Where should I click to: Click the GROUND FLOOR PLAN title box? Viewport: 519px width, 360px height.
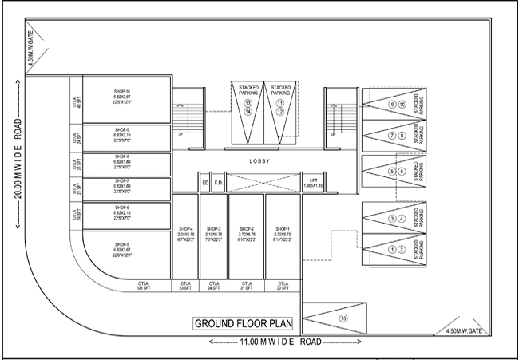click(x=243, y=323)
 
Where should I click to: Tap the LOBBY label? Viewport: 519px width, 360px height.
click(x=259, y=162)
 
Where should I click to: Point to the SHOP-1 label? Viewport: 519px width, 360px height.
click(x=282, y=232)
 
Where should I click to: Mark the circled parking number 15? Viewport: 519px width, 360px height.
click(x=344, y=318)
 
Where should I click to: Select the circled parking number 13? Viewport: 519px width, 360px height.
click(x=248, y=104)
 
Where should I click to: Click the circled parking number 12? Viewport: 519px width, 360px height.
click(x=280, y=112)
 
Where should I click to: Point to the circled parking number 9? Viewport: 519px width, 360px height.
click(x=391, y=105)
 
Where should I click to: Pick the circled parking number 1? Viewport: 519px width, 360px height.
click(x=391, y=250)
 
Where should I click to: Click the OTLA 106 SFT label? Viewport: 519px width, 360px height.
click(x=144, y=287)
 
